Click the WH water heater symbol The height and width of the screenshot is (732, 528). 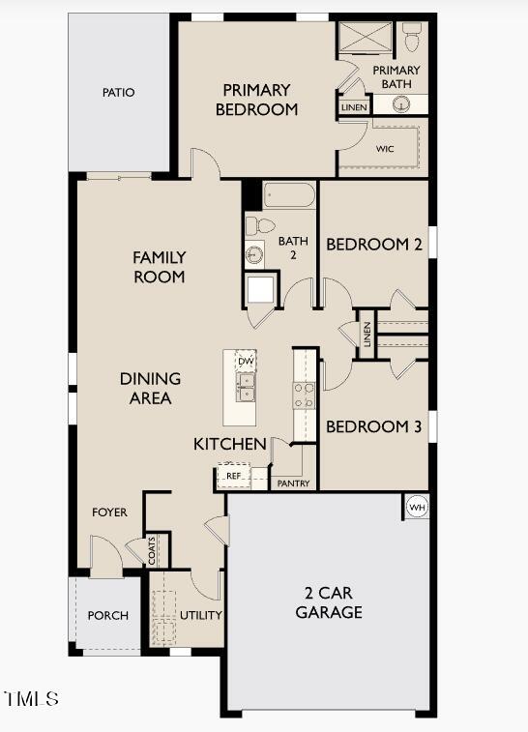pos(417,508)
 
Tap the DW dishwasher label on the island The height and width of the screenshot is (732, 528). pos(247,361)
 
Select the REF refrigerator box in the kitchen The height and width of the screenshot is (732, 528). pos(233,477)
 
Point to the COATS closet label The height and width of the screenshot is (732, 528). pos(154,550)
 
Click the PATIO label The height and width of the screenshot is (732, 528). pos(119,93)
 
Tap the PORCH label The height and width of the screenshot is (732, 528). pos(108,615)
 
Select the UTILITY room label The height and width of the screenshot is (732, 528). pos(201,615)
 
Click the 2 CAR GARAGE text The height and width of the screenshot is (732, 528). pos(329,603)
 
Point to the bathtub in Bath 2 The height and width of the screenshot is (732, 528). pos(289,196)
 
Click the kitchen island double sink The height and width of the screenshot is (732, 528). pos(247,389)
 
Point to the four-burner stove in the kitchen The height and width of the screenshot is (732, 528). pos(304,394)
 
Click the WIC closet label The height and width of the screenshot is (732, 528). pos(385,149)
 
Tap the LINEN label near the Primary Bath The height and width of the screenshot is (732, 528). pos(354,107)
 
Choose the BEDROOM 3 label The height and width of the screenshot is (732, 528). pos(373,426)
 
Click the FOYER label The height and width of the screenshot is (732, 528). pos(109,512)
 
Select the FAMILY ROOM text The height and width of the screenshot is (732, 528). pos(160,267)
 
